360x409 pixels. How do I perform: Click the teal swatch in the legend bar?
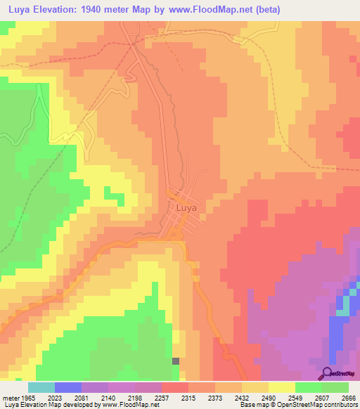[41, 388]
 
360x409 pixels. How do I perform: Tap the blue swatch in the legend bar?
[67, 388]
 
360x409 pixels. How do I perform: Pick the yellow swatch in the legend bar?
[281, 388]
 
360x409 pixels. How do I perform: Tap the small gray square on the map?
[175, 361]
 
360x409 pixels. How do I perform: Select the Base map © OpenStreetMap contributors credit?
[298, 405]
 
